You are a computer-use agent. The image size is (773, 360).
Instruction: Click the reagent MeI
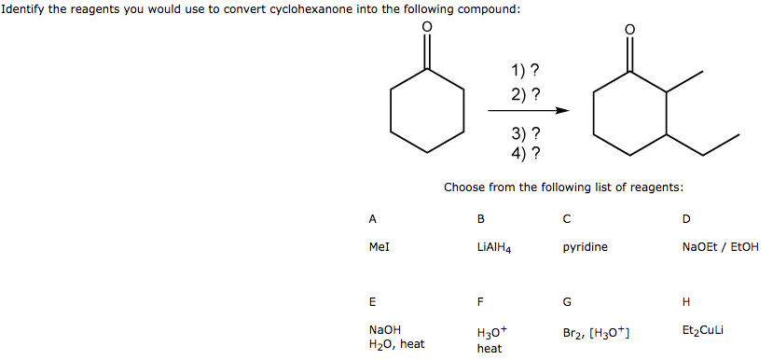[379, 247]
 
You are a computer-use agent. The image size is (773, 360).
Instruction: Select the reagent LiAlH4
[492, 248]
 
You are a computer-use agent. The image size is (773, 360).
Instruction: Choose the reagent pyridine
[585, 247]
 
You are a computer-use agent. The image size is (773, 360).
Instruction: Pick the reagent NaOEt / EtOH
[720, 247]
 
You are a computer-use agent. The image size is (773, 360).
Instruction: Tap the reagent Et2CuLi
[704, 330]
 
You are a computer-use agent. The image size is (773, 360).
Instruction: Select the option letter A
[373, 219]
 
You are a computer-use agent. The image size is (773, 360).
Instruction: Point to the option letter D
[686, 219]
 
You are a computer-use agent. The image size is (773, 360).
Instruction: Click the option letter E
[373, 301]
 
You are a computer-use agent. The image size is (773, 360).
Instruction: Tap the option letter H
[686, 301]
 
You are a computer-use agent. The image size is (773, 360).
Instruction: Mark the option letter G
[567, 301]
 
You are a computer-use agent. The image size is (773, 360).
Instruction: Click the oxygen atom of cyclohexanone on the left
[427, 28]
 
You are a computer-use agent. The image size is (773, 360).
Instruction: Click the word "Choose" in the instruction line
[463, 187]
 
